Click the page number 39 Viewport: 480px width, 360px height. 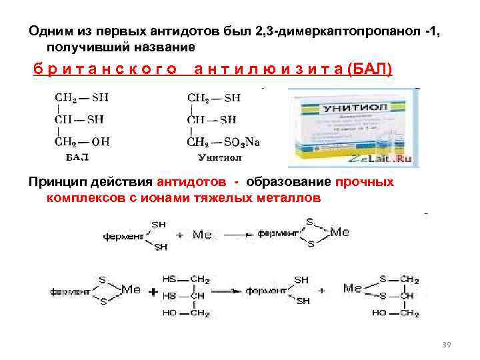(447, 344)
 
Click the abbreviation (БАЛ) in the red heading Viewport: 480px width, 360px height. (370, 69)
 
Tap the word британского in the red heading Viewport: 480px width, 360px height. (105, 69)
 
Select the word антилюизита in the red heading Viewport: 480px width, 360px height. (269, 69)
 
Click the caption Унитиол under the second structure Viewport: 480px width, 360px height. (219, 158)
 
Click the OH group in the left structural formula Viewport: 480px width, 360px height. (100, 141)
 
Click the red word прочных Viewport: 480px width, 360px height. (365, 182)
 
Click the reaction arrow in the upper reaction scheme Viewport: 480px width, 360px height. (237, 235)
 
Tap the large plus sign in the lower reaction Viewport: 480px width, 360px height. (153, 292)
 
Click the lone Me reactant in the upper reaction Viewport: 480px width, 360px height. (202, 235)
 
